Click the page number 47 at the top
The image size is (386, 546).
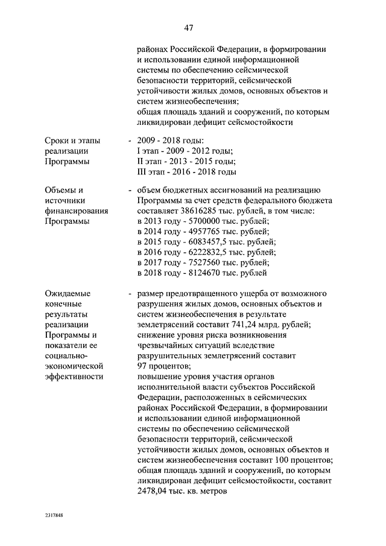point(189,28)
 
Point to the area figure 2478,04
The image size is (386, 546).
point(153,490)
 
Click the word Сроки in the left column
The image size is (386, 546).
point(58,141)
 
